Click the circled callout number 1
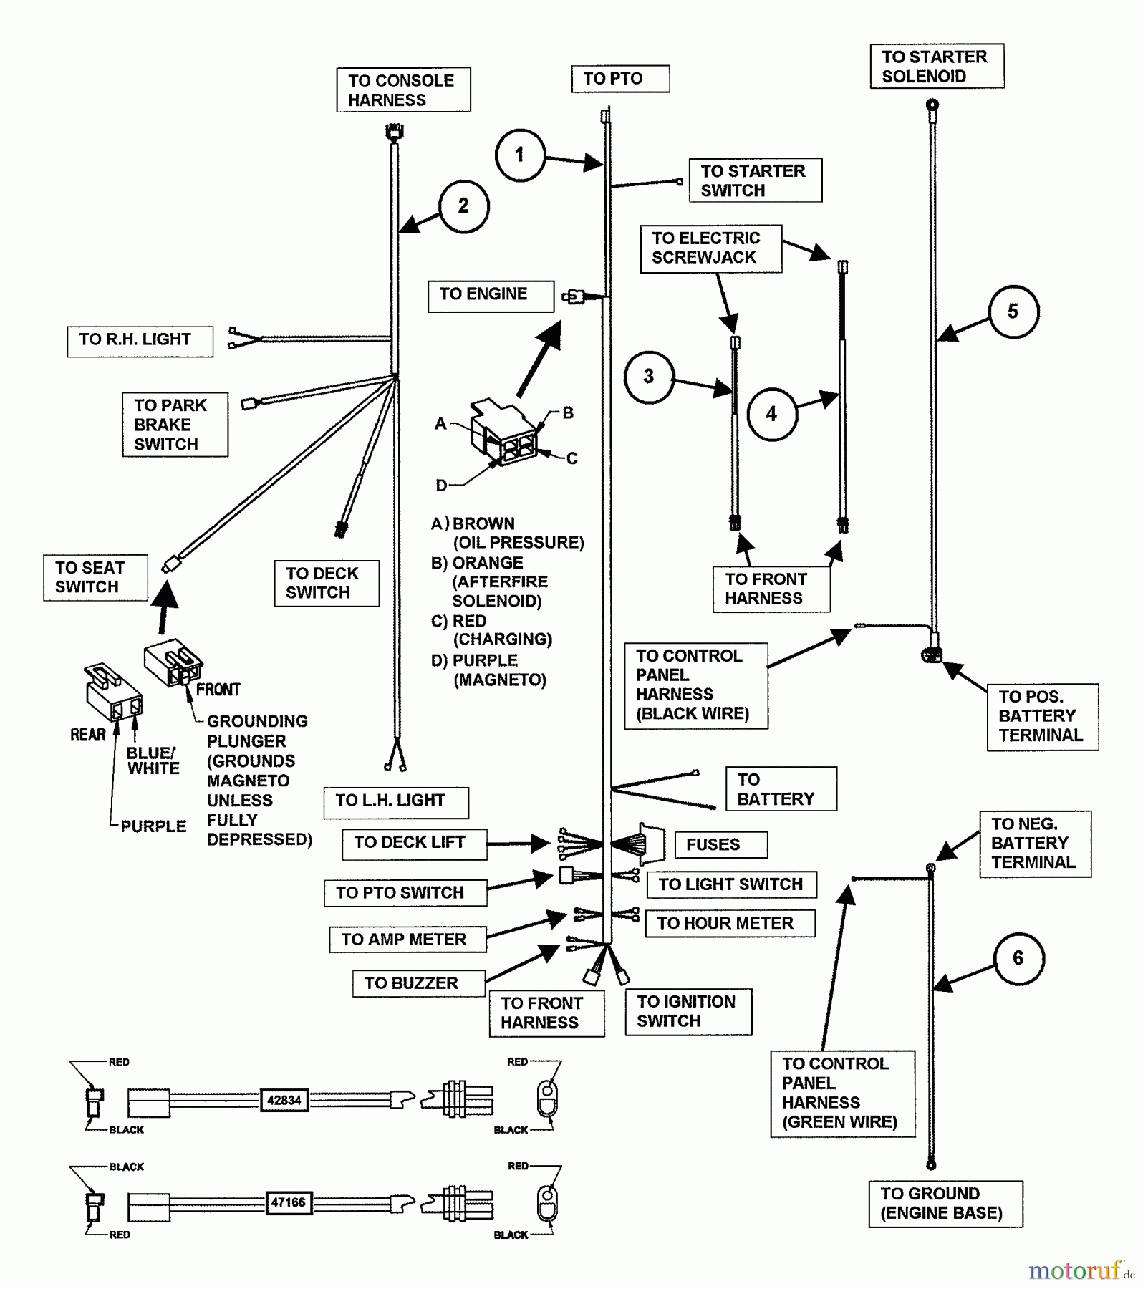click(x=520, y=155)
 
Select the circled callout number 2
click(x=463, y=206)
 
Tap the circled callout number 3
click(x=649, y=377)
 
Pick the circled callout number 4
click(x=771, y=414)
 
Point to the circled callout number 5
click(x=1013, y=312)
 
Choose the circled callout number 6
click(x=1018, y=958)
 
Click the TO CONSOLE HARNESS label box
click(x=403, y=90)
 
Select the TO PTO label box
click(x=620, y=79)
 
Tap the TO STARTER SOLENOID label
click(x=937, y=67)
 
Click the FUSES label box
click(x=720, y=845)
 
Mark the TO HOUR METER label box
click(x=730, y=924)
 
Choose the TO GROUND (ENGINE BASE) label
click(x=945, y=1204)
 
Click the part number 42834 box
click(x=284, y=1101)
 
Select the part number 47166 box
click(x=288, y=1202)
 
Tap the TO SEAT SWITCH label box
click(x=95, y=577)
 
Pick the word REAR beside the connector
click(x=87, y=735)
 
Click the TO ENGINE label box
click(x=491, y=295)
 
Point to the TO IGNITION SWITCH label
click(x=688, y=1011)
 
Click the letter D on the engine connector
click(x=441, y=486)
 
